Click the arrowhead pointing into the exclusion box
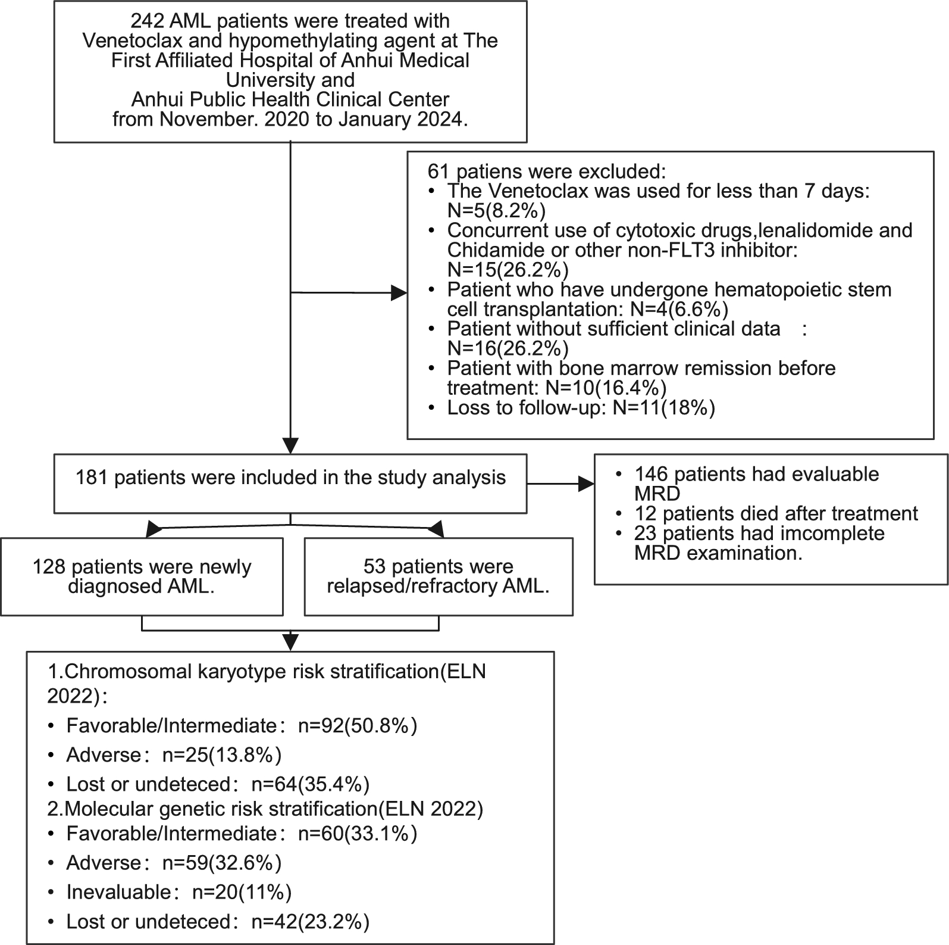coord(399,293)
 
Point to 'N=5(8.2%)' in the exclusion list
coord(496,211)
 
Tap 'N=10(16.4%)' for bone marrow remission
coord(606,388)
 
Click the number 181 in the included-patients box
coord(92,478)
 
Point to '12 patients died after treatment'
coord(776,513)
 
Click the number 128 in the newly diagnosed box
coord(49,566)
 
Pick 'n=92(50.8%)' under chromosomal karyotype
coord(358,725)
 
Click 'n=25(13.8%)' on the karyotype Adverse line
coord(222,755)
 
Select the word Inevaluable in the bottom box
coord(119,892)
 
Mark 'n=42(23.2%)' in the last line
coord(311,922)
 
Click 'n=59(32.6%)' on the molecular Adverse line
coord(222,863)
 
